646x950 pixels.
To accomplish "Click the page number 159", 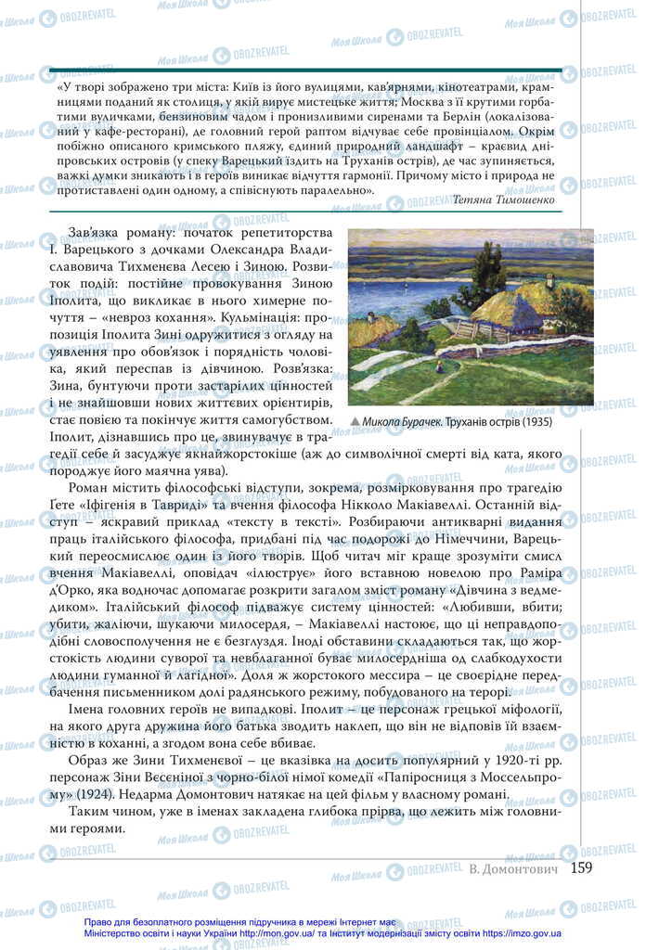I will [x=582, y=868].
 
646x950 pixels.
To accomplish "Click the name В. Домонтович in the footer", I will [x=513, y=869].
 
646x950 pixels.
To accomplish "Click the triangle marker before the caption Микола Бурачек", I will [x=355, y=422].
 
